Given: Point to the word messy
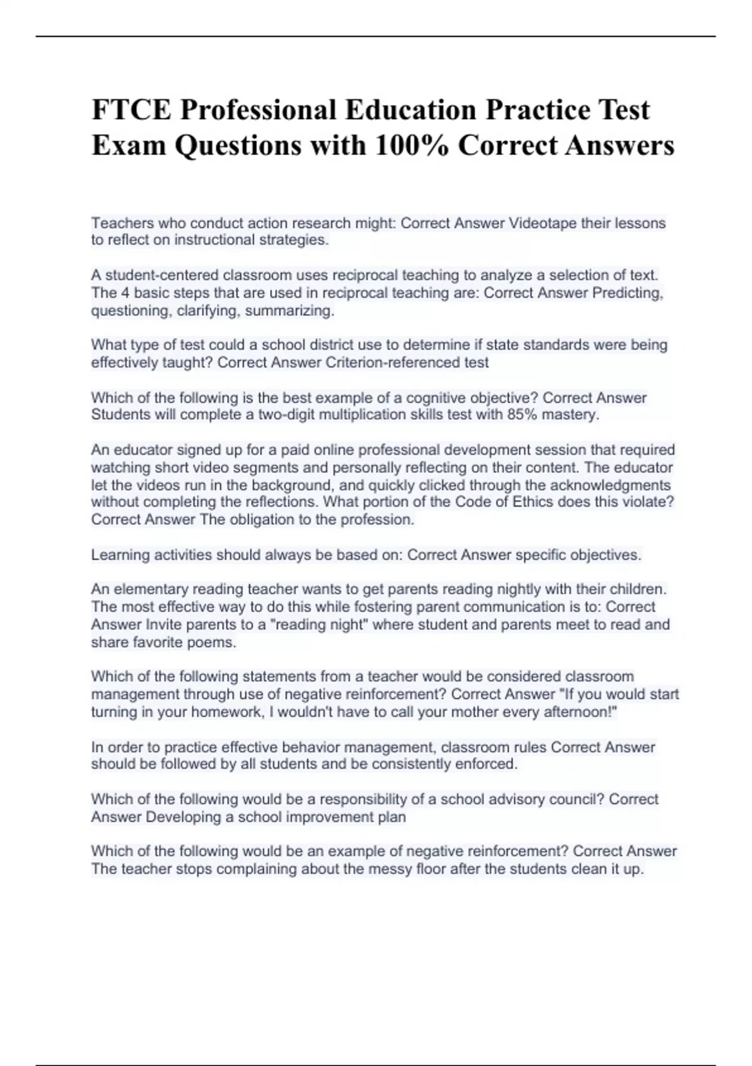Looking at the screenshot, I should (394, 869).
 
